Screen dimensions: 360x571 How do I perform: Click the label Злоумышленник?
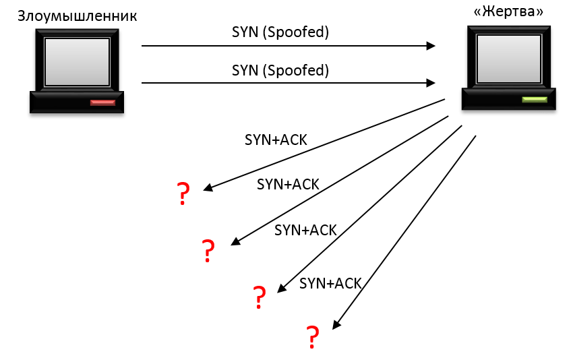tap(77, 16)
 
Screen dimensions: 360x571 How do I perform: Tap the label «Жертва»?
tap(508, 11)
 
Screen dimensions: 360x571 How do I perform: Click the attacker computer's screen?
tap(76, 61)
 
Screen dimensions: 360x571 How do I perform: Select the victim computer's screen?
tap(508, 57)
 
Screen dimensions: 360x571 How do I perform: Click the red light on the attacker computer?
tap(103, 102)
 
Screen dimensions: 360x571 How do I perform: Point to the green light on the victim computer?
tap(535, 99)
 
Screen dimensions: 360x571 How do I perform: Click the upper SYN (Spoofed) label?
tap(280, 32)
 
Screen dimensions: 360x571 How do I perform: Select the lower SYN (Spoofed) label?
tap(280, 69)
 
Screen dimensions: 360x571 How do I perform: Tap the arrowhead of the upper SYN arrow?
tap(431, 46)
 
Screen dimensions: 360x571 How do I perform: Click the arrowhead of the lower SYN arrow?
tap(431, 84)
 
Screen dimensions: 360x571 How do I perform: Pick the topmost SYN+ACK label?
tap(275, 140)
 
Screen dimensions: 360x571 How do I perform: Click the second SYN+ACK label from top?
tap(288, 184)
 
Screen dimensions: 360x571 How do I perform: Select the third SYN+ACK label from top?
tap(305, 229)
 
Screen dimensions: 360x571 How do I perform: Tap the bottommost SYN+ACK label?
tap(330, 283)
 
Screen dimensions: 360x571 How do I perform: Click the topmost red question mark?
tap(183, 194)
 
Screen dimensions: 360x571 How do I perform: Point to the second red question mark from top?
tap(208, 251)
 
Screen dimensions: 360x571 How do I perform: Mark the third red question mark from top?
tap(259, 297)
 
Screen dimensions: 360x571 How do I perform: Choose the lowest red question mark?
tap(312, 336)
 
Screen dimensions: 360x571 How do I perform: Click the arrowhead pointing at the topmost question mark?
tap(206, 189)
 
